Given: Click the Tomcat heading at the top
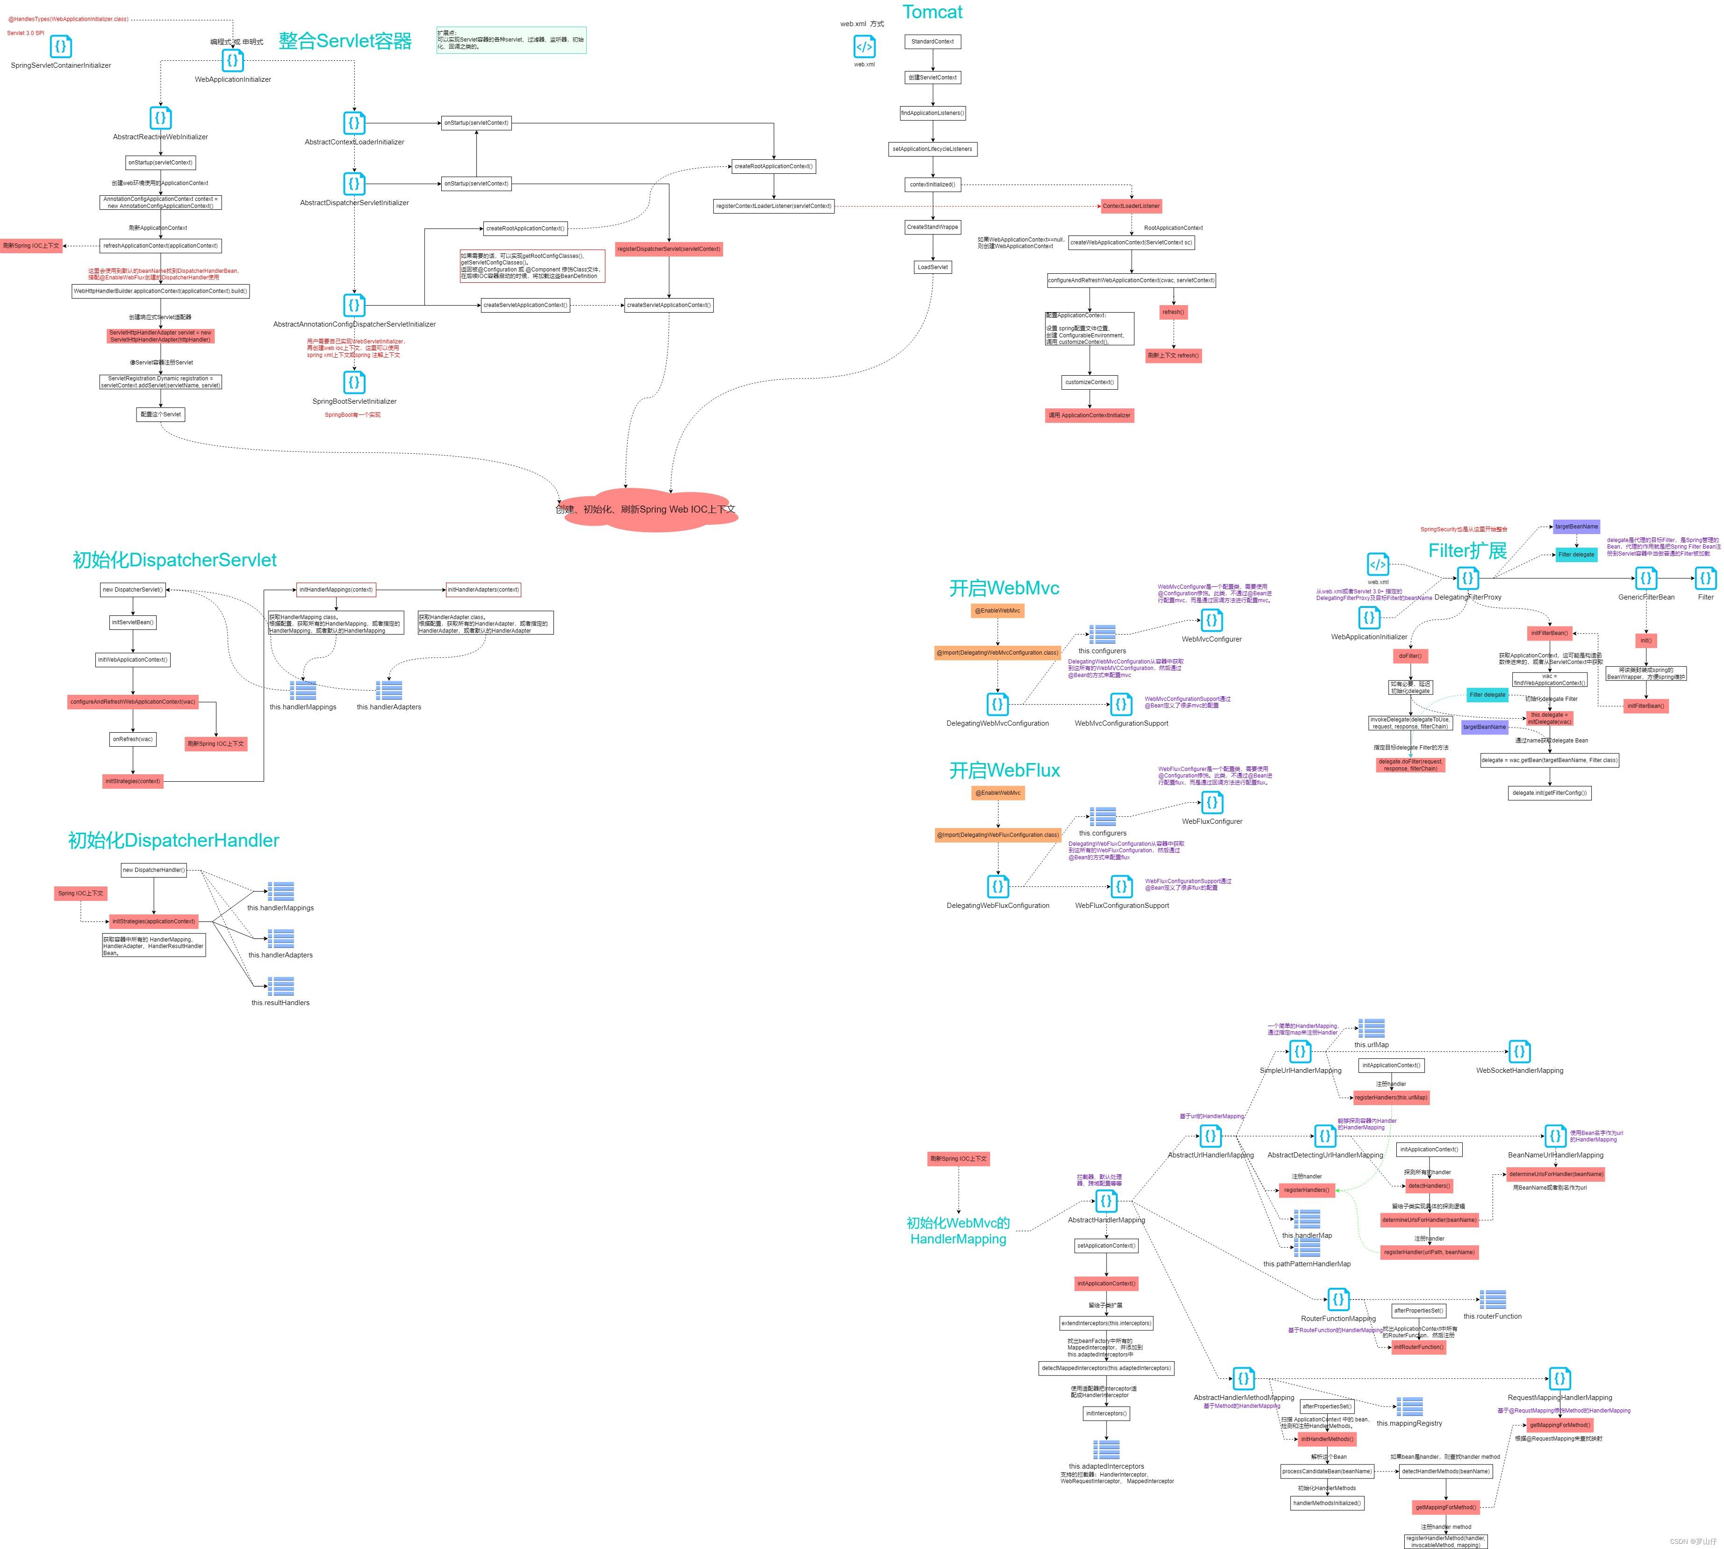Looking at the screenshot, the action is [x=932, y=12].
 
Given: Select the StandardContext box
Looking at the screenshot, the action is [x=932, y=42].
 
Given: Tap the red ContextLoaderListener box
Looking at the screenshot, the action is [x=1131, y=206].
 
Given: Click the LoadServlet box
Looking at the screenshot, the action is [x=932, y=267].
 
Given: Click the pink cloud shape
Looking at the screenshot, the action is [x=647, y=509].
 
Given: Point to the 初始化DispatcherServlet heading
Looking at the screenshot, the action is [x=174, y=560].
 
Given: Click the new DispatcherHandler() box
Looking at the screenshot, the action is [x=153, y=870].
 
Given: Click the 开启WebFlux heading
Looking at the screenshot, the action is [x=1005, y=770].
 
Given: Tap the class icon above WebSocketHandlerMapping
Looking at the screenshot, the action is [x=1520, y=1052].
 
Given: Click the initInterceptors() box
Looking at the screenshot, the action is [x=1106, y=1413].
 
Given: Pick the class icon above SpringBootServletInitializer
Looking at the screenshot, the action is [x=354, y=382].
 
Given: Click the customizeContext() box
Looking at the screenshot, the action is [x=1089, y=382].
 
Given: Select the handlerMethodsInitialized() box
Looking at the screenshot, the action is [x=1326, y=1503].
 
